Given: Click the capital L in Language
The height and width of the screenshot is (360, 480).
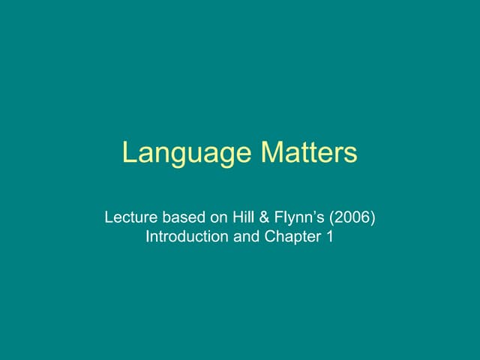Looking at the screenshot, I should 129,153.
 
